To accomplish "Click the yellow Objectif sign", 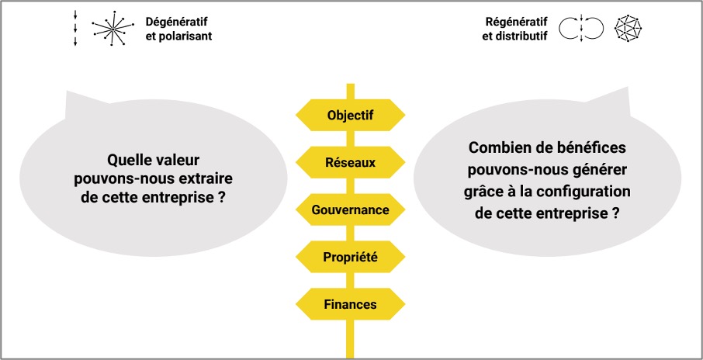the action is click(x=350, y=116).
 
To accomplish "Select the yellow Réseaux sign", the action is click(x=350, y=162).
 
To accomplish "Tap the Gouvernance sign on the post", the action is click(x=350, y=209).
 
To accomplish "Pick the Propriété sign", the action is click(x=350, y=257).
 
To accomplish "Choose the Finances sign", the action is click(x=350, y=304).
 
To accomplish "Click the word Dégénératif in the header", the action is click(x=177, y=22).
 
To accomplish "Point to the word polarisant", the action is click(x=185, y=36).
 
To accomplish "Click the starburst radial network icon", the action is click(x=113, y=28).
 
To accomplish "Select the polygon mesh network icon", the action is click(x=629, y=29).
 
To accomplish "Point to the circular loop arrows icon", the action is click(x=581, y=29).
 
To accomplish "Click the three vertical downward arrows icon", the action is click(x=75, y=29).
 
